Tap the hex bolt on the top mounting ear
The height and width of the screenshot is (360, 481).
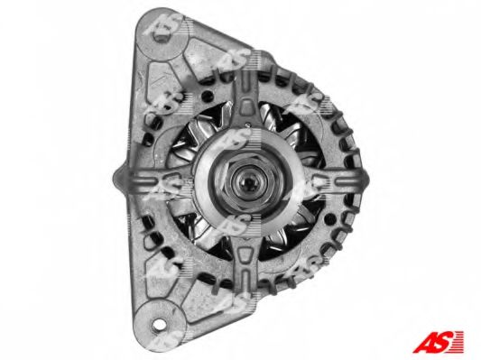(x=161, y=35)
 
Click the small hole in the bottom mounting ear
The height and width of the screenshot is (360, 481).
(x=160, y=324)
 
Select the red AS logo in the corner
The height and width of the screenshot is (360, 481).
(x=438, y=342)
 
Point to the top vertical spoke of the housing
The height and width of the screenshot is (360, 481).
(x=246, y=101)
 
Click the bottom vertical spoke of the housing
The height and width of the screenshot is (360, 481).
(x=245, y=261)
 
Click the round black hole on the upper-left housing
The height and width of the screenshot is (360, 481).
(x=208, y=96)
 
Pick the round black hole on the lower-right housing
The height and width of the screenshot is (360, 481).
(x=329, y=218)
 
